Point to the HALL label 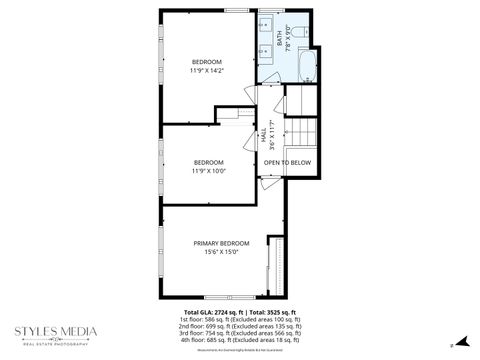(265, 133)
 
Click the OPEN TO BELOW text (287, 162)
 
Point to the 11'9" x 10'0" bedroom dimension (208, 170)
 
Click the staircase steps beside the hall (300, 130)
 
